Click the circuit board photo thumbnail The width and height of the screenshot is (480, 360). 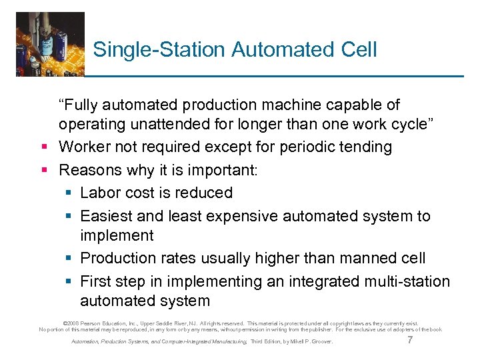51,44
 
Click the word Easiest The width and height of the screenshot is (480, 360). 107,216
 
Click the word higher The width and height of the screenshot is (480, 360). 282,258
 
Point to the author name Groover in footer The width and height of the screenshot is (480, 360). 321,343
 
